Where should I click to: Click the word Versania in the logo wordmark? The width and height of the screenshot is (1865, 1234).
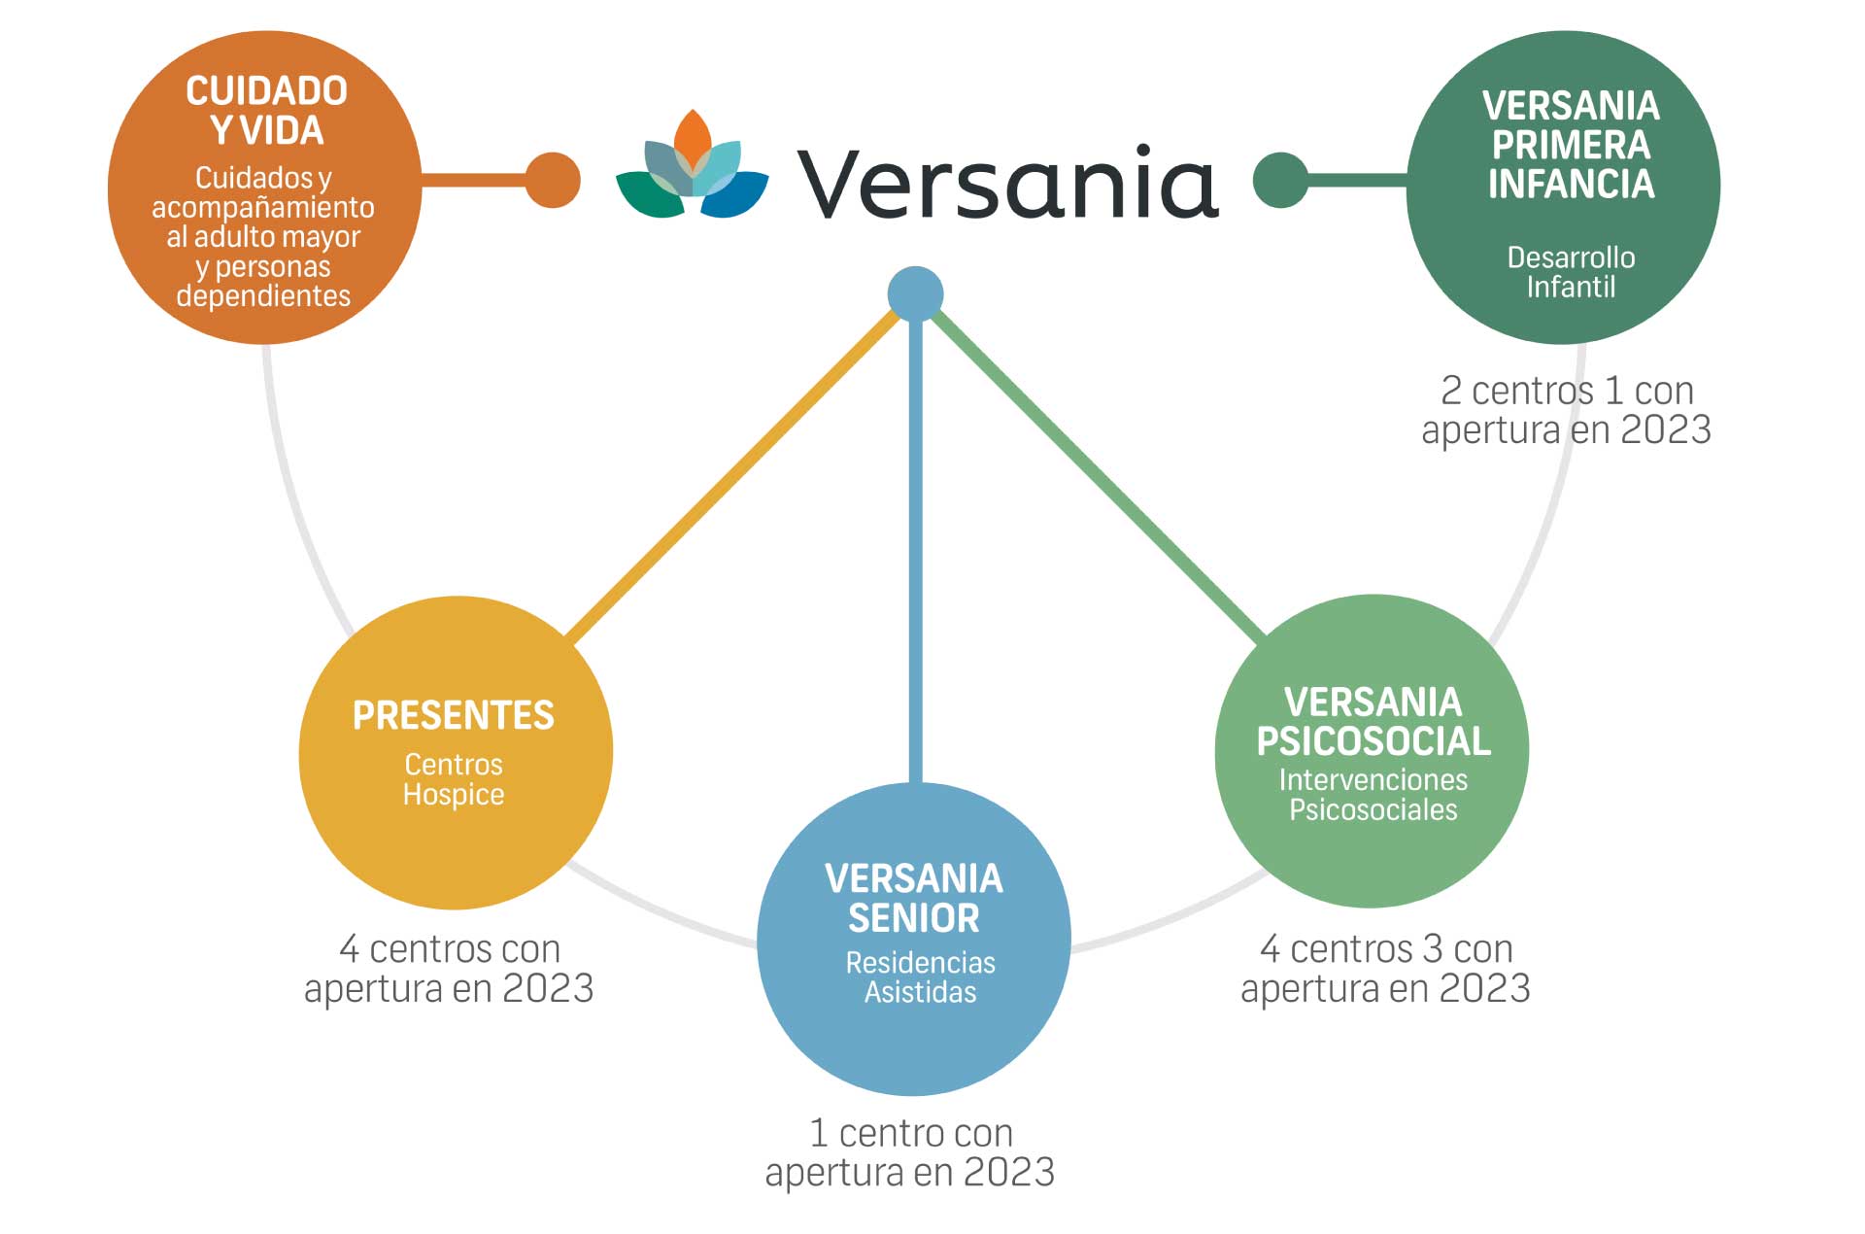(1007, 183)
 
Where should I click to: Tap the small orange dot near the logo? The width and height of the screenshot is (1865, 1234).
(553, 180)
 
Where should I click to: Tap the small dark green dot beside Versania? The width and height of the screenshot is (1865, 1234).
(1281, 180)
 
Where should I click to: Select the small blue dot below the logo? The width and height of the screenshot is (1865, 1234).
(915, 293)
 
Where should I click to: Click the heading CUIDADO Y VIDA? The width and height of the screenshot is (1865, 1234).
(267, 111)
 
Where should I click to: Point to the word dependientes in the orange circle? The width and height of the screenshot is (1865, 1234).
(263, 295)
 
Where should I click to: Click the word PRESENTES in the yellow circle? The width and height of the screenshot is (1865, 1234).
(454, 715)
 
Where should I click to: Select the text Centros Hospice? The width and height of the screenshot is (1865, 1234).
(454, 779)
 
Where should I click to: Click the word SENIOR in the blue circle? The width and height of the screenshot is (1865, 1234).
(914, 918)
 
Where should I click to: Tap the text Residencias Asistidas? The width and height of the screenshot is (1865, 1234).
(921, 977)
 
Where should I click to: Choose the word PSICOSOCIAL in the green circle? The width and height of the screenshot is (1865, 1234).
(1373, 741)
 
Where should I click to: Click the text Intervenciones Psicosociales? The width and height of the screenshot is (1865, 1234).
(1373, 795)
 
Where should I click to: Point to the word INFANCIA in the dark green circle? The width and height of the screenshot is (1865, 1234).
(1571, 184)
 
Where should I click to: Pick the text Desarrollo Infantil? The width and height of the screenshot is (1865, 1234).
(1571, 272)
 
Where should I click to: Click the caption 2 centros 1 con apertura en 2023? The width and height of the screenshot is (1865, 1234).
(1566, 410)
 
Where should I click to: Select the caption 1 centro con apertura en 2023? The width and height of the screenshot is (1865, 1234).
(910, 1152)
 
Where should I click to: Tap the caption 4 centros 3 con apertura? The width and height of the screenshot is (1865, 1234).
(1386, 968)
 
